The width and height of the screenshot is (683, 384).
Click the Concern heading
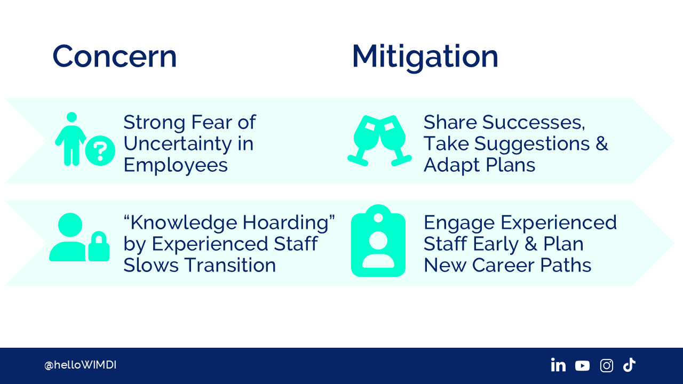coord(115,57)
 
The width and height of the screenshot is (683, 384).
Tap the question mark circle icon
coord(100,150)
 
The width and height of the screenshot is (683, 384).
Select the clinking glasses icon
coord(379,140)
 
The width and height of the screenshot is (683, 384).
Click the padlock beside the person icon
coord(99,246)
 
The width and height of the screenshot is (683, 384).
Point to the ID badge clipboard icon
coord(378,241)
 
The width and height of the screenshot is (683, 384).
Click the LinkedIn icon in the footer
coord(558,365)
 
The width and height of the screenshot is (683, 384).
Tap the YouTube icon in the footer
coord(582,366)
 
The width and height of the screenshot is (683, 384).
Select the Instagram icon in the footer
coord(607,365)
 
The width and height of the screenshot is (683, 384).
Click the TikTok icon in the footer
coord(629,365)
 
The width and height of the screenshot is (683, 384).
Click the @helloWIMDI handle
coord(80,365)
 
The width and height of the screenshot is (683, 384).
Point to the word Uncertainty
coord(178,145)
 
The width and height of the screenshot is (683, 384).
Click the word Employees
coord(176,166)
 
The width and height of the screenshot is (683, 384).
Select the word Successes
coord(534,122)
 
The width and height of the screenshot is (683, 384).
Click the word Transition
coord(231,265)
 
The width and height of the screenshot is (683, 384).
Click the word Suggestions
coord(532,145)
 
